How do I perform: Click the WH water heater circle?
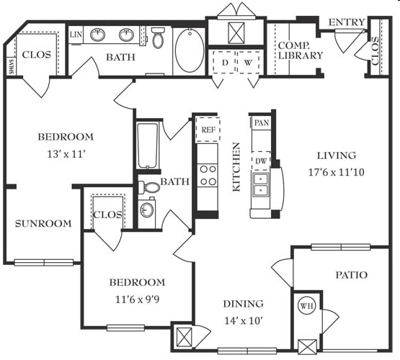[306, 306]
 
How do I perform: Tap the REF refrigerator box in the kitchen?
[208, 130]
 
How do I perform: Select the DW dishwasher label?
[261, 161]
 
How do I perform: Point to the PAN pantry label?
[262, 123]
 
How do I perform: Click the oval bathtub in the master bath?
[190, 50]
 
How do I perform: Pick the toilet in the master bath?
[158, 37]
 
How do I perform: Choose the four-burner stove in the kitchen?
[208, 176]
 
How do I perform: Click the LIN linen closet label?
[76, 35]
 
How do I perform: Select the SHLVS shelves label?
[12, 66]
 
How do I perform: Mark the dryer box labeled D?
[225, 63]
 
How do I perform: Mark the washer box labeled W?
[248, 63]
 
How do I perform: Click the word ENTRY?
[347, 22]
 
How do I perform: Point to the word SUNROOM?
[43, 224]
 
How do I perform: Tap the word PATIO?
[351, 275]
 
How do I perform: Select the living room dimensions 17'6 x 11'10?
[337, 173]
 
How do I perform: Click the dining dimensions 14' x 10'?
[244, 320]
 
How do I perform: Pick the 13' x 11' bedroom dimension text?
[66, 154]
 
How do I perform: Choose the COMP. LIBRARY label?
[301, 50]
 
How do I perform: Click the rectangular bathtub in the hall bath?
[147, 145]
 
